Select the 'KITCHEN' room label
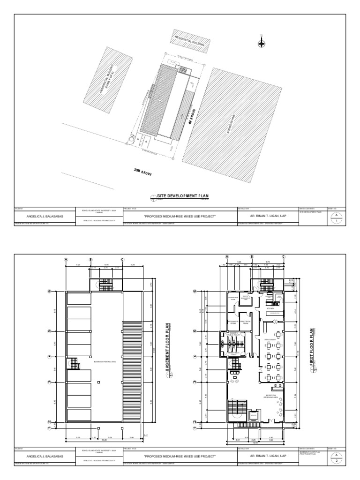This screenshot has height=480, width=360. (x=270, y=309)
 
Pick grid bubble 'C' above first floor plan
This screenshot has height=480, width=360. (x=284, y=257)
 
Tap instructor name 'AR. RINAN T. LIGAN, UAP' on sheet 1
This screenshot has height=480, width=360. (x=268, y=216)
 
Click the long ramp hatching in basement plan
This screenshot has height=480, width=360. (x=129, y=366)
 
